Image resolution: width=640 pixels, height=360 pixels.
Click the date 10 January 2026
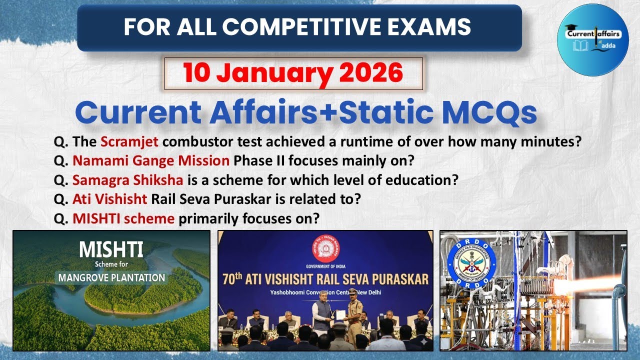click(293, 73)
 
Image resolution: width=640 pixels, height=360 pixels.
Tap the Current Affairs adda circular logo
click(592, 39)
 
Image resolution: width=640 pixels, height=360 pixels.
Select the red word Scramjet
click(129, 141)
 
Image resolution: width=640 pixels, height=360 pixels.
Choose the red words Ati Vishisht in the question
click(110, 199)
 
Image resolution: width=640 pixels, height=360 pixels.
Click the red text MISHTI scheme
click(123, 218)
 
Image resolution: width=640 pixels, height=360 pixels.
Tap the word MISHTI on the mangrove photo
click(111, 248)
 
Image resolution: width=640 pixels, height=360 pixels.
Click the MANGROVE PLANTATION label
click(111, 277)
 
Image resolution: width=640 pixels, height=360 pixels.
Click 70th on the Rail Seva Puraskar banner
click(238, 278)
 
